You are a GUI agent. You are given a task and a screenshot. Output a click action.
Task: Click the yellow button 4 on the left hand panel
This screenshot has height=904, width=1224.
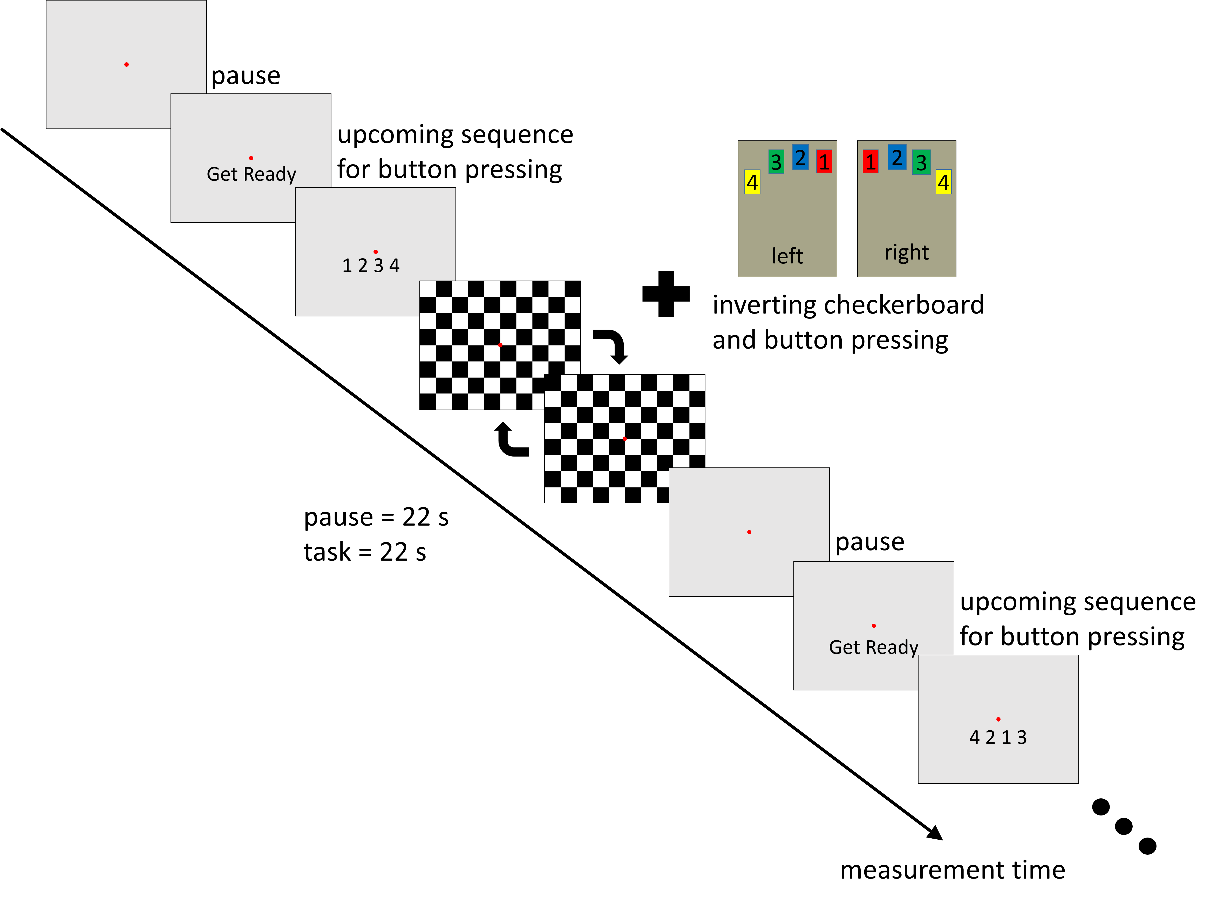coord(752,182)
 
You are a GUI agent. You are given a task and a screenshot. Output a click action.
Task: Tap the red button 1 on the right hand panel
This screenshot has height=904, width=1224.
coord(871,161)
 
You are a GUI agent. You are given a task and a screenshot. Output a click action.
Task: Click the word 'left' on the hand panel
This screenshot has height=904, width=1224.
coord(787,256)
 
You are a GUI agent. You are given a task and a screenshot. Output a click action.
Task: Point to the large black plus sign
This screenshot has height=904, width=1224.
coord(666,294)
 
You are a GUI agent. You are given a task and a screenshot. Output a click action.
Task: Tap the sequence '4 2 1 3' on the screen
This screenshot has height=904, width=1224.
coord(998,737)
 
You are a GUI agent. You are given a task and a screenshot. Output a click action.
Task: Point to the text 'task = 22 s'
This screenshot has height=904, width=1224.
coord(365,552)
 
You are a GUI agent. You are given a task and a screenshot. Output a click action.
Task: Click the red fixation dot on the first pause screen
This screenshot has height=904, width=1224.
coord(126,65)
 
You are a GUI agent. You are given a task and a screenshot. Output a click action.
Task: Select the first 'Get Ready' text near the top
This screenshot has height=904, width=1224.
coord(251,174)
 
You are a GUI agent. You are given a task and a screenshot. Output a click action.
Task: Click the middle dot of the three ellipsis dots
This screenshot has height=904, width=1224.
coord(1124,826)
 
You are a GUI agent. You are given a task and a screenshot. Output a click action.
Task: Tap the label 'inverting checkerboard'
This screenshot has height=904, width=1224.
coord(848,305)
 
